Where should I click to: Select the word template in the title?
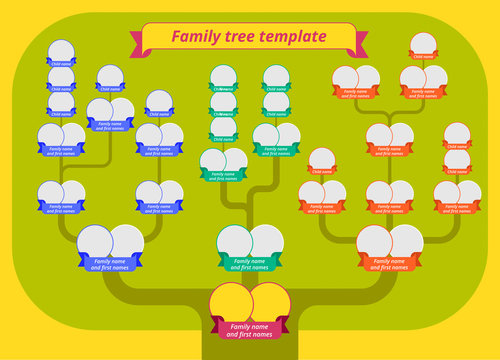[x=293, y=37]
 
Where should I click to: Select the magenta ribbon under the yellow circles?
[x=250, y=329]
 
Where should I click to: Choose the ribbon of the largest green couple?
[x=250, y=265]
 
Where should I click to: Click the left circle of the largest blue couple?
[x=94, y=241]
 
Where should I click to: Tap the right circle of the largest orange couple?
[x=406, y=241]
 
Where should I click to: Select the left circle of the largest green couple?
[x=234, y=241]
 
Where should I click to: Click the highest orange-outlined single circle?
[x=423, y=43]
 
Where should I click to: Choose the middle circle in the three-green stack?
[x=223, y=102]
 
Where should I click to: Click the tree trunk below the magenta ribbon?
[x=250, y=350]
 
